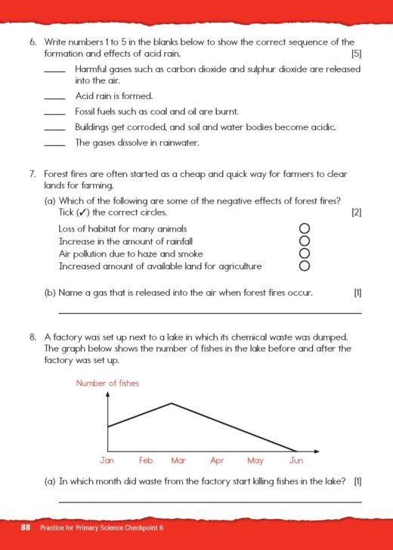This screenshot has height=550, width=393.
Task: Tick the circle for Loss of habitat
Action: click(305, 228)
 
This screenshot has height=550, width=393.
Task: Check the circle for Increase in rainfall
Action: click(305, 241)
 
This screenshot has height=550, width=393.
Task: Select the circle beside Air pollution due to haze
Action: click(305, 253)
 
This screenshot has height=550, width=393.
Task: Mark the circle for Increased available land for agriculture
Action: click(305, 266)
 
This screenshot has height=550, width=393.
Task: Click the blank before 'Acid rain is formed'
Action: click(54, 98)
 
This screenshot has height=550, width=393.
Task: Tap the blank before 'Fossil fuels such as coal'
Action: click(54, 113)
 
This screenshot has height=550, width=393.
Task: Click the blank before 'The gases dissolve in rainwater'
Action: click(54, 144)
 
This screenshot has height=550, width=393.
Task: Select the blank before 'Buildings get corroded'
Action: click(54, 129)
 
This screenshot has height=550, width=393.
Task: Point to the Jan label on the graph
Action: click(107, 460)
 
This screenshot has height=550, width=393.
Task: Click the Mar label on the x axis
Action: click(178, 460)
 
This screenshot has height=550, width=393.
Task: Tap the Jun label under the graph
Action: click(296, 460)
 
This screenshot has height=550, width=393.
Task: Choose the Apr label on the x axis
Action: click(217, 460)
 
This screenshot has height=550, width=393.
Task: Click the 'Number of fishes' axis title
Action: click(107, 384)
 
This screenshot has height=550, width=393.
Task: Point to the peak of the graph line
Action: click(172, 403)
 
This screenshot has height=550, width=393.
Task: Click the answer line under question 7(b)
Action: click(209, 312)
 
